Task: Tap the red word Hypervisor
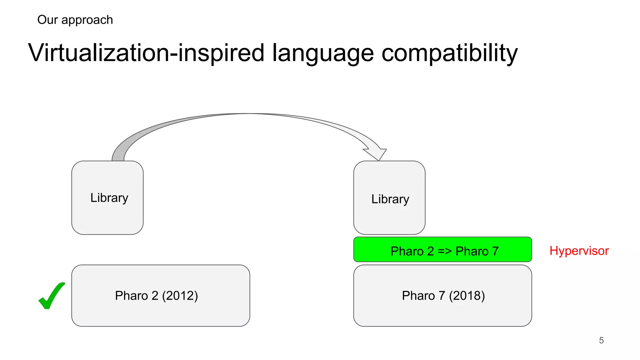click(x=579, y=251)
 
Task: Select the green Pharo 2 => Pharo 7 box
click(x=442, y=250)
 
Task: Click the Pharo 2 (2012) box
click(x=161, y=296)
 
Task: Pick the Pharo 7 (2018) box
click(x=442, y=296)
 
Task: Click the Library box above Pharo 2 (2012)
click(x=107, y=198)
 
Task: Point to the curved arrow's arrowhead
click(x=377, y=154)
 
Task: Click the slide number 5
click(x=601, y=340)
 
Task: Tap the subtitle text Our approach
click(x=75, y=20)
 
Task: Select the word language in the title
click(x=323, y=53)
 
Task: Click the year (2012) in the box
click(x=180, y=296)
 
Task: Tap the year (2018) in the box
click(x=467, y=296)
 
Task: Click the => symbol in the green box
click(x=445, y=251)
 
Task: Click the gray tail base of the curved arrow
click(x=118, y=156)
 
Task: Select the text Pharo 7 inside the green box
click(x=477, y=251)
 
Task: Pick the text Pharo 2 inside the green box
click(x=412, y=251)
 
